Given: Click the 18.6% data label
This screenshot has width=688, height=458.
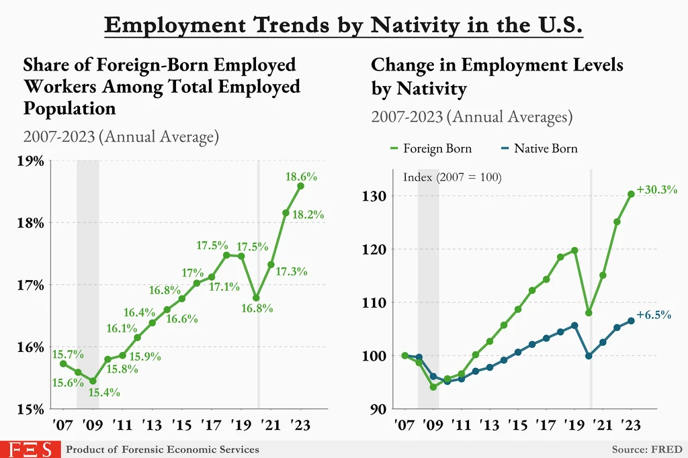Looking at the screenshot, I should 301,177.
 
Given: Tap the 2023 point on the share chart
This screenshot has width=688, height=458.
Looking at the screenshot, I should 300,186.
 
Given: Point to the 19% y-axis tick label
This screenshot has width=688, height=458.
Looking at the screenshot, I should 31,161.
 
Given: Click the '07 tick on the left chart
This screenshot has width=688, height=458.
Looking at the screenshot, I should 63,426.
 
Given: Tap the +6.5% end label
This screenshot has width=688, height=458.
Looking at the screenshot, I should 653,314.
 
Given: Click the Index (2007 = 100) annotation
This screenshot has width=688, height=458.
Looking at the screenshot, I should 452,177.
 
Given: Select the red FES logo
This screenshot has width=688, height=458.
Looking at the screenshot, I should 30,449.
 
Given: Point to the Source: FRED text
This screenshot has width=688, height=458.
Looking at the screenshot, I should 646,449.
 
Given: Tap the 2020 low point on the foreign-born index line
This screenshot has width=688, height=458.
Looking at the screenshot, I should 589,313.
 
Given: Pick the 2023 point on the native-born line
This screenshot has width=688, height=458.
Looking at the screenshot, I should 631,320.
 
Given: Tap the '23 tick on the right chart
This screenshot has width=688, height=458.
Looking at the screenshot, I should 630,426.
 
